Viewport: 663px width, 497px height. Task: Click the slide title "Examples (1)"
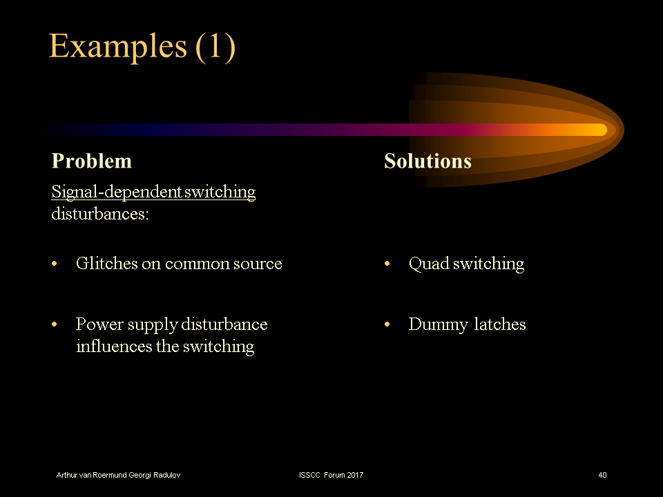[142, 46]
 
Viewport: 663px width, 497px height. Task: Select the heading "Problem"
[91, 161]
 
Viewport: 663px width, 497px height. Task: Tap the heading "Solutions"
[427, 161]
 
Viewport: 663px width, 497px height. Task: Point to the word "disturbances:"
[100, 213]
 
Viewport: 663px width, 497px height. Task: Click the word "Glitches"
[106, 263]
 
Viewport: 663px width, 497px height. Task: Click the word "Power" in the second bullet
[99, 324]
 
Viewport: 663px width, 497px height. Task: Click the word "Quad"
[427, 264]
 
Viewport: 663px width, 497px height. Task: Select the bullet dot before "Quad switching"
[388, 264]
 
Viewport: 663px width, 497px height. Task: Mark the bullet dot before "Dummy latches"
[388, 325]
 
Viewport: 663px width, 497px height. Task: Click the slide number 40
[602, 475]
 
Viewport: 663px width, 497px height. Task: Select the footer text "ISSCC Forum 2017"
[331, 475]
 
